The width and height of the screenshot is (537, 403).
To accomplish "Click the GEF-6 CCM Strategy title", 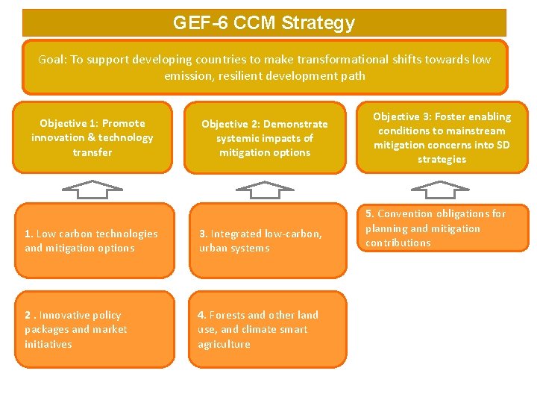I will tap(264, 23).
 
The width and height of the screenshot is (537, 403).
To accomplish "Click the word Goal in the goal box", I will tap(52, 60).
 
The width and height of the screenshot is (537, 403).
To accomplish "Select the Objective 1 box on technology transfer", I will tap(92, 137).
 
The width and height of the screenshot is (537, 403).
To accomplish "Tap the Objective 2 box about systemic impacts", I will tap(265, 138).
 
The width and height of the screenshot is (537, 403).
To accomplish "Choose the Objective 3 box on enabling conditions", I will tap(442, 137).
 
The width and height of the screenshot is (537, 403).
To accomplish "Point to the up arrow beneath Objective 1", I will tap(92, 190).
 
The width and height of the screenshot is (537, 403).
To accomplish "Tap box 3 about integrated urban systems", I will tap(267, 240).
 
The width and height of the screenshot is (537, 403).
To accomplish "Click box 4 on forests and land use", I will tap(267, 329).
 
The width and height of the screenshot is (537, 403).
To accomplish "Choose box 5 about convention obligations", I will tap(443, 228).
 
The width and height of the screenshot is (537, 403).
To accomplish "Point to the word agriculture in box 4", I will tap(224, 344).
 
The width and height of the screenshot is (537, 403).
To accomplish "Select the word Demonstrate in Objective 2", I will tap(295, 124).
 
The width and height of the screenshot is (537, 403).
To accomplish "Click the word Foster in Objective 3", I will tap(450, 116).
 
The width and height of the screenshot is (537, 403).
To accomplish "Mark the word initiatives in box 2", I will tap(48, 344).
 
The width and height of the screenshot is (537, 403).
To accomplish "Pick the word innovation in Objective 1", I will tap(58, 137).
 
